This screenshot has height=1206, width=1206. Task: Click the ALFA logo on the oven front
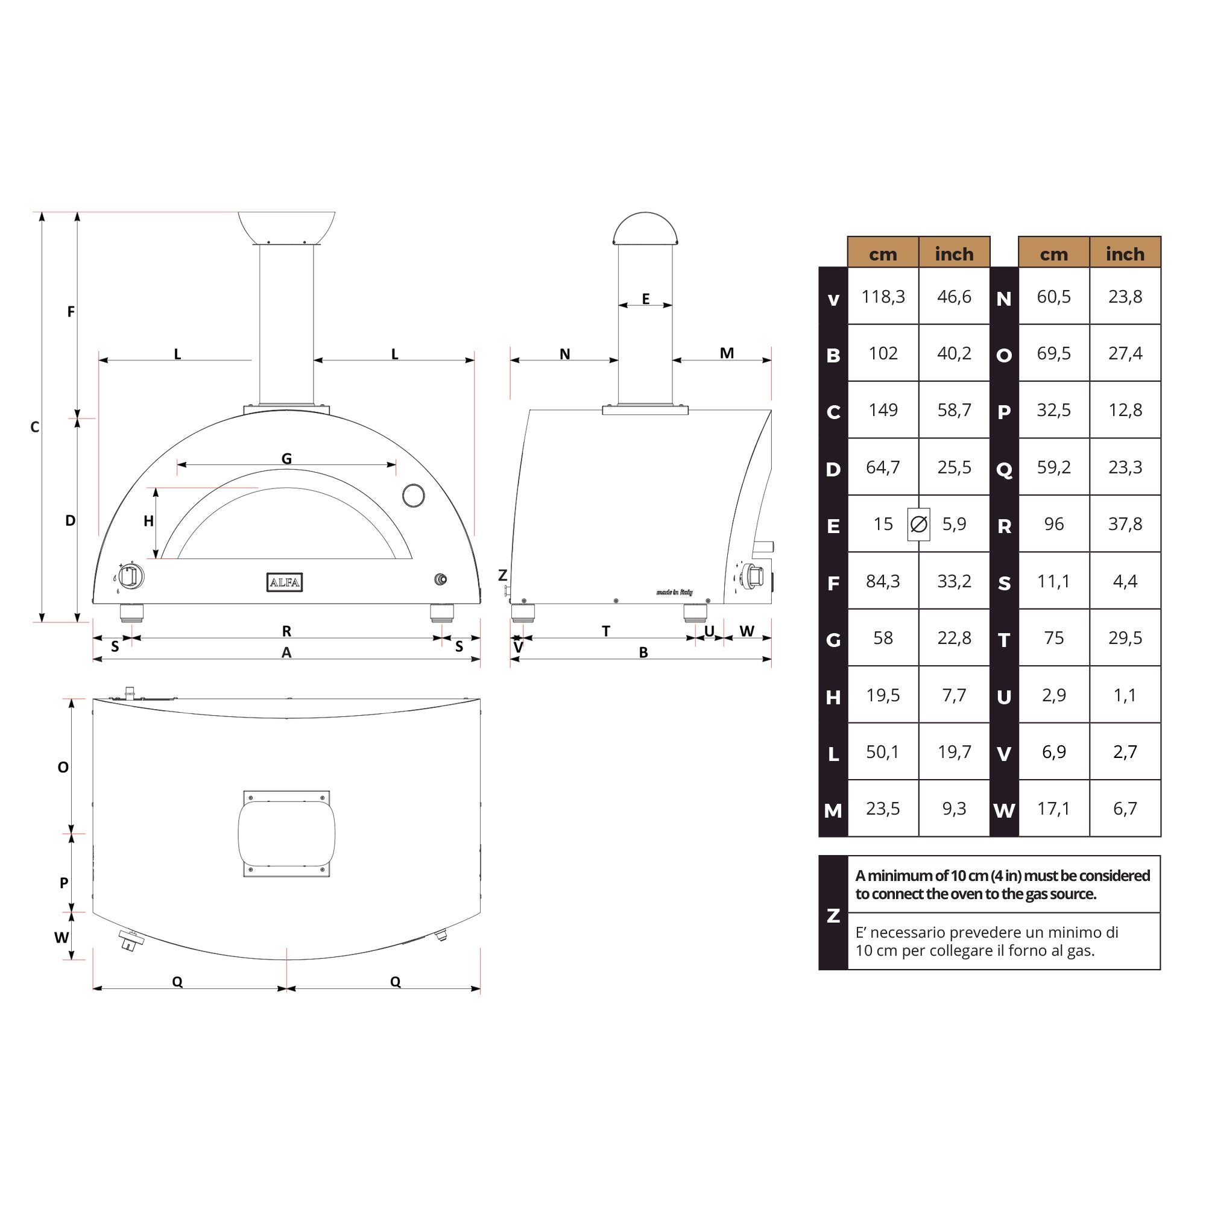285,582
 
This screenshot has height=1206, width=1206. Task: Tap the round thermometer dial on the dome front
413,495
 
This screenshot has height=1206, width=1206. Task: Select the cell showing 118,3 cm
883,297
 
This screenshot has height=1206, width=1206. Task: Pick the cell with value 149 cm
883,410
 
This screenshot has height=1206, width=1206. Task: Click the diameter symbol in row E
918,525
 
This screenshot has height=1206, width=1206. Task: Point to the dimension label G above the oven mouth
286,459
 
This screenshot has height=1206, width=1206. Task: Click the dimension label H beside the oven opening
148,521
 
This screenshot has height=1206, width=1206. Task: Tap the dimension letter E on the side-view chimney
645,299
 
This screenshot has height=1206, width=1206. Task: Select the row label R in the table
1004,526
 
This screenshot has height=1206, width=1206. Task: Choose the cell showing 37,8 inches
1125,524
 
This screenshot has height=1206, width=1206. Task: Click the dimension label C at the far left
35,427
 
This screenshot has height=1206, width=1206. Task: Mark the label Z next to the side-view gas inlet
502,575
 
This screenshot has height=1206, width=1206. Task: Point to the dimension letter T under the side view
605,631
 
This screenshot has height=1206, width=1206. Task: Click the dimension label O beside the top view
63,767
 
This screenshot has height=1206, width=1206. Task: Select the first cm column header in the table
883,253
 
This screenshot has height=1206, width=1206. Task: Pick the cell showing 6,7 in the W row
1125,809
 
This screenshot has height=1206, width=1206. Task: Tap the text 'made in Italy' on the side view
674,592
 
